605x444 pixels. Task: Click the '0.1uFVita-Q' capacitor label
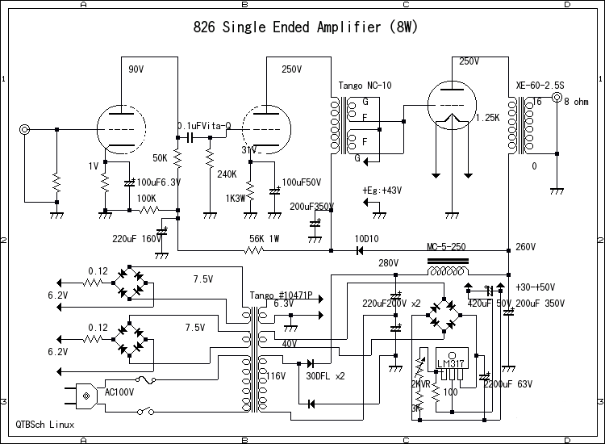pyautogui.click(x=204, y=126)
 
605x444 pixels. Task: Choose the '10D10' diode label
pyautogui.click(x=367, y=239)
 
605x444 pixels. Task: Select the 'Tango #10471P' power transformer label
pyautogui.click(x=282, y=295)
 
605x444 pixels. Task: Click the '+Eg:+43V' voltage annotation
pyautogui.click(x=382, y=191)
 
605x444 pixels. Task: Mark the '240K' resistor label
pyautogui.click(x=227, y=174)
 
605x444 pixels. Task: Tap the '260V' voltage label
pyautogui.click(x=525, y=247)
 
